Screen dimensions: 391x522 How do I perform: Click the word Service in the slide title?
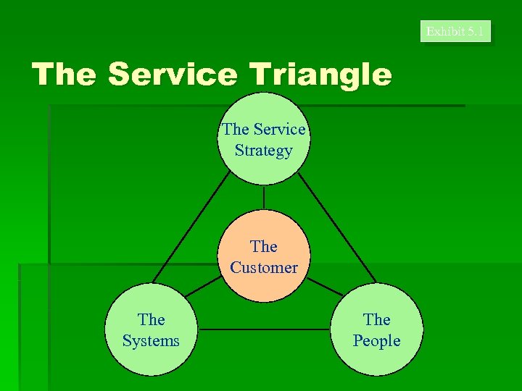click(x=171, y=74)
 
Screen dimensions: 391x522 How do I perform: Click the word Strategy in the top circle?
click(x=264, y=151)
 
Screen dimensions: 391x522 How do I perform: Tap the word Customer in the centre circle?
click(x=264, y=267)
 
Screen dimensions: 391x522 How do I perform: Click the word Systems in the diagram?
click(x=151, y=340)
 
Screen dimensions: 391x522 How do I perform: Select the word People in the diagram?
click(x=376, y=340)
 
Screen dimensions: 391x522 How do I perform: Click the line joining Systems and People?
click(x=264, y=330)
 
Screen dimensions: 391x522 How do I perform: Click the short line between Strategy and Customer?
click(x=264, y=197)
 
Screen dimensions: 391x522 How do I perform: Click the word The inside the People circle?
click(x=376, y=319)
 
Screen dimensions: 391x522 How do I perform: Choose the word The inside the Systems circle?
click(x=151, y=319)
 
